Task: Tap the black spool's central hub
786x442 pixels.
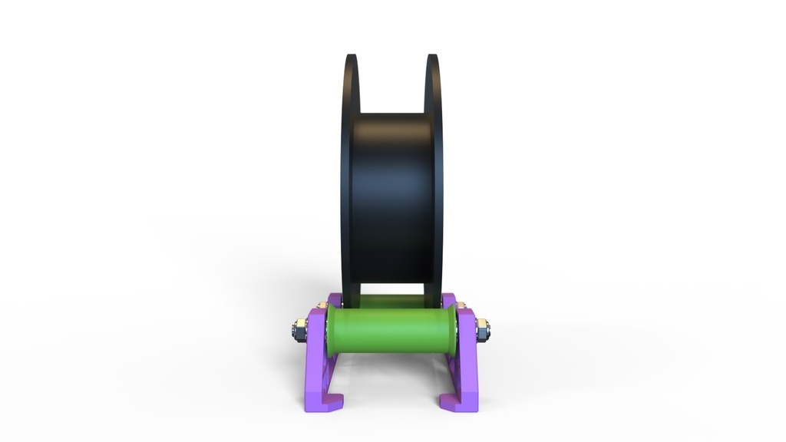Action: coord(391,200)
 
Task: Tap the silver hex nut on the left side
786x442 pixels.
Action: coord(298,331)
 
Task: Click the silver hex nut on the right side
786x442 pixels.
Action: coord(484,331)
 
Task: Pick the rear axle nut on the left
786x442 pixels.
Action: coord(323,306)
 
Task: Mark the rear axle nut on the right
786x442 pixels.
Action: coord(461,306)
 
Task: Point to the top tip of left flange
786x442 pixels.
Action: coord(351,57)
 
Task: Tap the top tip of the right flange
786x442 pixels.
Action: coord(432,57)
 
